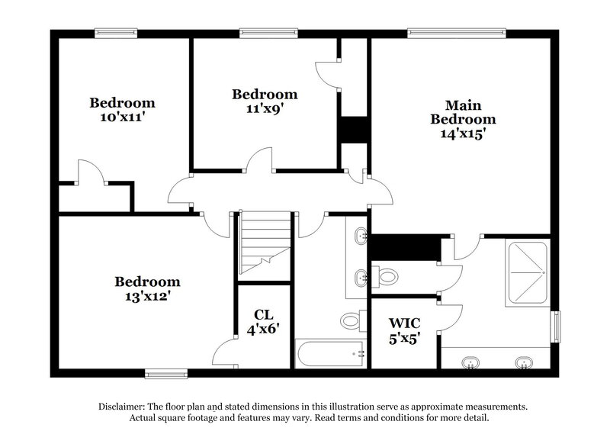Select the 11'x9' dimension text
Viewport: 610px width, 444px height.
coord(265,109)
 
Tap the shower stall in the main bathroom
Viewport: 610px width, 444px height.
coord(527,259)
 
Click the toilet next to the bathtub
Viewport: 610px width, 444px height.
coord(352,320)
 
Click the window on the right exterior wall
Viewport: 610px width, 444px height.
coord(555,327)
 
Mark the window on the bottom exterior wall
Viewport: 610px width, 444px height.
coord(166,373)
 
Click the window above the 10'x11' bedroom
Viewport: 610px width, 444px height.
coord(115,33)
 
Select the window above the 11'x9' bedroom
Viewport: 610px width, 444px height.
coord(260,33)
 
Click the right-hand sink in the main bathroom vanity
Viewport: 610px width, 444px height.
coord(523,361)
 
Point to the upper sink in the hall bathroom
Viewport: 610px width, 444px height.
coord(359,236)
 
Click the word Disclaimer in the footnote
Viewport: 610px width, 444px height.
coord(125,407)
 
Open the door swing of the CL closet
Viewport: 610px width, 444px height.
coord(226,352)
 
